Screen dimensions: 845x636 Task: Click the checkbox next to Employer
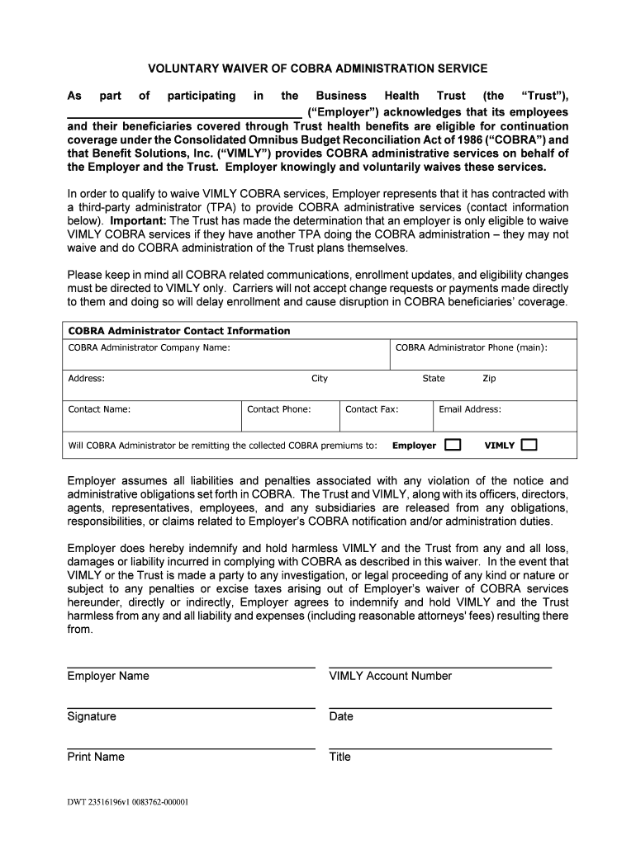(x=452, y=445)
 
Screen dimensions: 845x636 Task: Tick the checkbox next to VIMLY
(x=529, y=445)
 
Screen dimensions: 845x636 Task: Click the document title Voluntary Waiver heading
(x=317, y=68)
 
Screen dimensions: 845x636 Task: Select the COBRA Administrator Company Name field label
(x=149, y=347)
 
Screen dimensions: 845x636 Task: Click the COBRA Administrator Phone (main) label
(x=471, y=347)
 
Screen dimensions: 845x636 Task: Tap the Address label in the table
(x=86, y=378)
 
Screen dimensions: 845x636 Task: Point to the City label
(x=320, y=378)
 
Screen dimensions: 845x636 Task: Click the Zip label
(x=490, y=378)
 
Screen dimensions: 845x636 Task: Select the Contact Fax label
(x=372, y=408)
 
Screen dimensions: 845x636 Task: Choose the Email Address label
(x=470, y=408)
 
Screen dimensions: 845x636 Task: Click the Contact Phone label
(x=279, y=408)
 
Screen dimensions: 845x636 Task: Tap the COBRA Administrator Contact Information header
(x=179, y=330)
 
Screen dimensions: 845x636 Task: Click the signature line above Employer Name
(x=191, y=667)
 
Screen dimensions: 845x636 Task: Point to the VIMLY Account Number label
(x=391, y=676)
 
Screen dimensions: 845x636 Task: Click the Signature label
(x=92, y=716)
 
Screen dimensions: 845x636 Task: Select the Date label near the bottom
(x=341, y=716)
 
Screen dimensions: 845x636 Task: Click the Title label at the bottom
(x=339, y=757)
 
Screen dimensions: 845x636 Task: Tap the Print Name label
(x=96, y=757)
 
